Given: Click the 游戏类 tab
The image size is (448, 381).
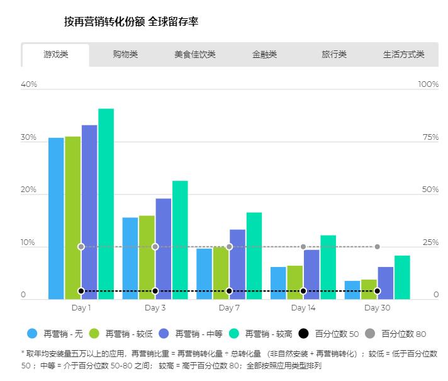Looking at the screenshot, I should [x=55, y=55].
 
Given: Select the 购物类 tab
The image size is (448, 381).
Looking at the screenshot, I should [x=125, y=55].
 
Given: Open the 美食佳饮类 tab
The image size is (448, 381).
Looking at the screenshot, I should [x=195, y=55].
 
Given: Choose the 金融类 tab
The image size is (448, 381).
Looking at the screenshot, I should [x=264, y=55].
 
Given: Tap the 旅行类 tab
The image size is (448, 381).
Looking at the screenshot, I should [x=334, y=55].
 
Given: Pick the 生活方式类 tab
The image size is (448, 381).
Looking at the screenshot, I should [x=403, y=55].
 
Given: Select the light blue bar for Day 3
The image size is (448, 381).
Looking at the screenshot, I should [x=130, y=258].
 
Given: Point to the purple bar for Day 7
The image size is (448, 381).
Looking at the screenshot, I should [x=237, y=264].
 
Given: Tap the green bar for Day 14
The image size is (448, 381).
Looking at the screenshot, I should [x=294, y=282].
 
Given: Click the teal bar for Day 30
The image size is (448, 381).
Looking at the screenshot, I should [x=402, y=277].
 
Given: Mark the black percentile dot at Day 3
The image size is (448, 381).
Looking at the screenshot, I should [x=155, y=291].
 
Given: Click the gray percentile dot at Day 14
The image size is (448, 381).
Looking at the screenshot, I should [x=303, y=247].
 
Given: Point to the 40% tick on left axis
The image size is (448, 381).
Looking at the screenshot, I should [x=29, y=84].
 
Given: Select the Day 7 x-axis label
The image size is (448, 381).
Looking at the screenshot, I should [x=229, y=308].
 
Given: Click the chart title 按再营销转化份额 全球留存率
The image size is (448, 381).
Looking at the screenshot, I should [x=132, y=22].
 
